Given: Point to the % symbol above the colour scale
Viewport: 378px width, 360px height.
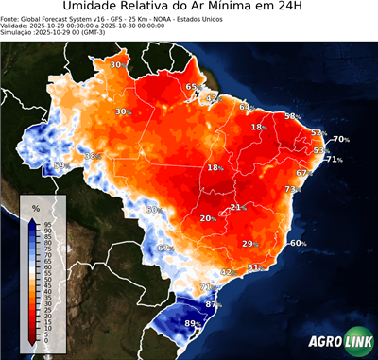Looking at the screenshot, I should point(35,208).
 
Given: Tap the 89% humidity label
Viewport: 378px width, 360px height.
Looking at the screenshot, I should point(192,324).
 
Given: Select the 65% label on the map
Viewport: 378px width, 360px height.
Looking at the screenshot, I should point(192,87).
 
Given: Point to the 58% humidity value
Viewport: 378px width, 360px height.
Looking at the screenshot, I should point(292,116).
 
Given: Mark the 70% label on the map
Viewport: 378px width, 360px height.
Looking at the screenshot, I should point(340,140).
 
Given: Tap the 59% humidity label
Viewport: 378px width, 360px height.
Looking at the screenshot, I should point(60,165).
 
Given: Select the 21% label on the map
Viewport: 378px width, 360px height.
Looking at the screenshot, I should point(237,207).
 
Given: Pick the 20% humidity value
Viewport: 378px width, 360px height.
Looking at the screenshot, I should point(207,218).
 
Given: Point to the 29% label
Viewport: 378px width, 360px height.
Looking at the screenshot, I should point(249,244).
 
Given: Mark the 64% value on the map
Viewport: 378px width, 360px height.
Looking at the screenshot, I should point(246,108).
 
